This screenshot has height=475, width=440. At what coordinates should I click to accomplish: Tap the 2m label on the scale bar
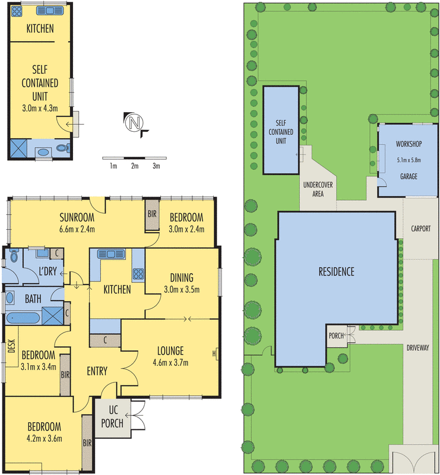click(135, 166)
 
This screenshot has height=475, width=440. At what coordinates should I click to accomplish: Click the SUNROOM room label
click(78, 217)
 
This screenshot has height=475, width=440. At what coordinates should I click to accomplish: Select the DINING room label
click(182, 278)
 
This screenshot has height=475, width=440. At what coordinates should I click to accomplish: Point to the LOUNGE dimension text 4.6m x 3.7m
click(170, 362)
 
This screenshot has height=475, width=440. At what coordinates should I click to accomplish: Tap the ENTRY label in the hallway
click(97, 372)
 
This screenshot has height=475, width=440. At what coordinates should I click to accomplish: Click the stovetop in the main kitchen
click(138, 274)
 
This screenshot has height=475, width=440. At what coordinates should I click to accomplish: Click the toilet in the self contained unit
click(64, 148)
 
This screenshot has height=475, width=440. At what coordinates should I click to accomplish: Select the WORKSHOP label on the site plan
click(408, 144)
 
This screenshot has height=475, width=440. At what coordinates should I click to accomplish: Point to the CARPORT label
click(420, 229)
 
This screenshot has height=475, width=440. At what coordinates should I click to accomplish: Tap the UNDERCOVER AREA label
click(318, 189)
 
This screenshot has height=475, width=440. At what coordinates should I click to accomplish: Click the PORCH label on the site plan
click(336, 335)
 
